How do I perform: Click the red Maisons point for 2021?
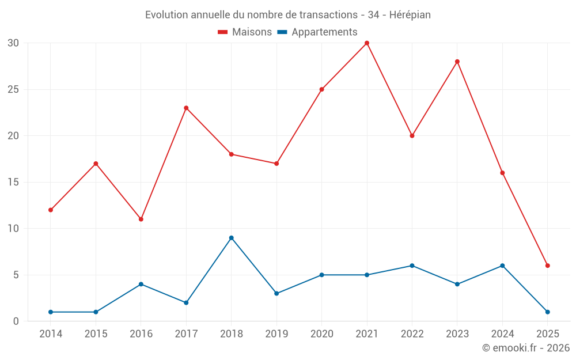[367, 43]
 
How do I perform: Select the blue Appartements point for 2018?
[231, 238]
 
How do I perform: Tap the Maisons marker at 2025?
[548, 266]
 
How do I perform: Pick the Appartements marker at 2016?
[141, 284]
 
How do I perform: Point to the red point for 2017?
[186, 108]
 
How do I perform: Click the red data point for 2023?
[457, 62]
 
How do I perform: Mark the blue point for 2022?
[412, 266]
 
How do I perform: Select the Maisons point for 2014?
[51, 210]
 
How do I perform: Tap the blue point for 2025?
[548, 312]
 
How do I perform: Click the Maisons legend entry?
[245, 32]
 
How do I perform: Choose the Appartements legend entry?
[317, 32]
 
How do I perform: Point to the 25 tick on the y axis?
[13, 90]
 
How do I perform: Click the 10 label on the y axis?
[13, 229]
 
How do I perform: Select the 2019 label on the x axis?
[276, 334]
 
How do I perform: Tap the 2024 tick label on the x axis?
[502, 334]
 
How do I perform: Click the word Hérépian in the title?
[410, 15]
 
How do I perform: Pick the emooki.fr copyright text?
[525, 348]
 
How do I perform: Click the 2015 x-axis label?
[96, 334]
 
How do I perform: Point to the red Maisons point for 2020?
[321, 89]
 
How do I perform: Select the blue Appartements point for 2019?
[276, 293]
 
